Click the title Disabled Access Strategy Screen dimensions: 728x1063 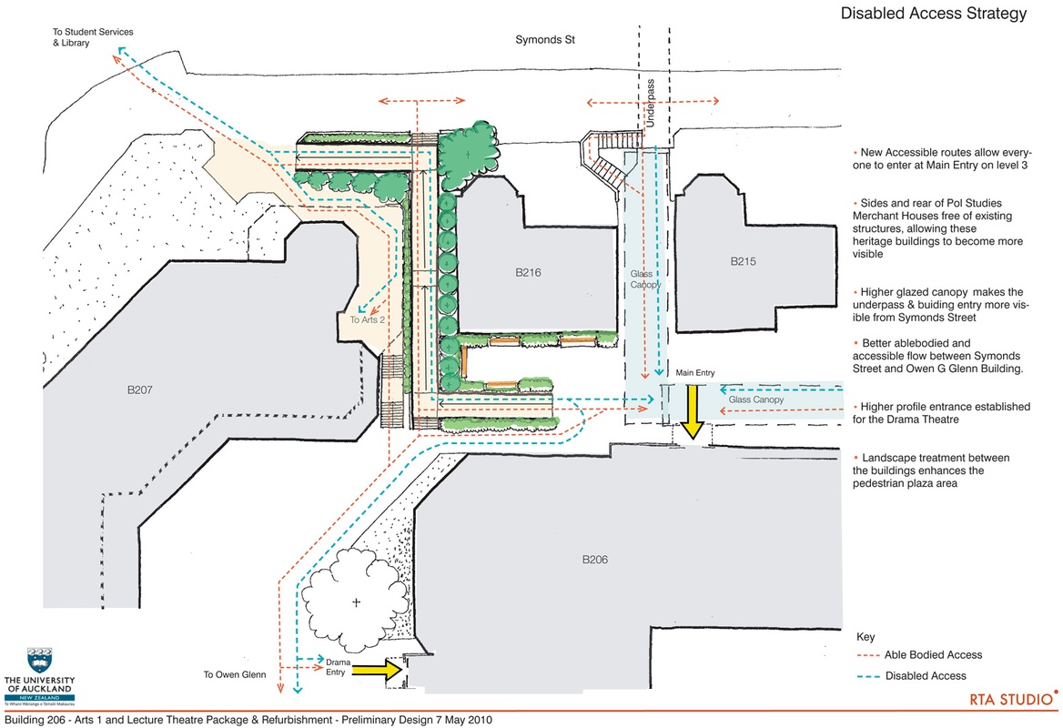934,14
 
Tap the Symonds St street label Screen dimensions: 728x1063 546,41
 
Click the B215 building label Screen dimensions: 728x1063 744,262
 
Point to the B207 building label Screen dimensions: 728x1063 145,390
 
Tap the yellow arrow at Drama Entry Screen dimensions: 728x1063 376,671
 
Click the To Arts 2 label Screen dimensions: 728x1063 369,319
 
